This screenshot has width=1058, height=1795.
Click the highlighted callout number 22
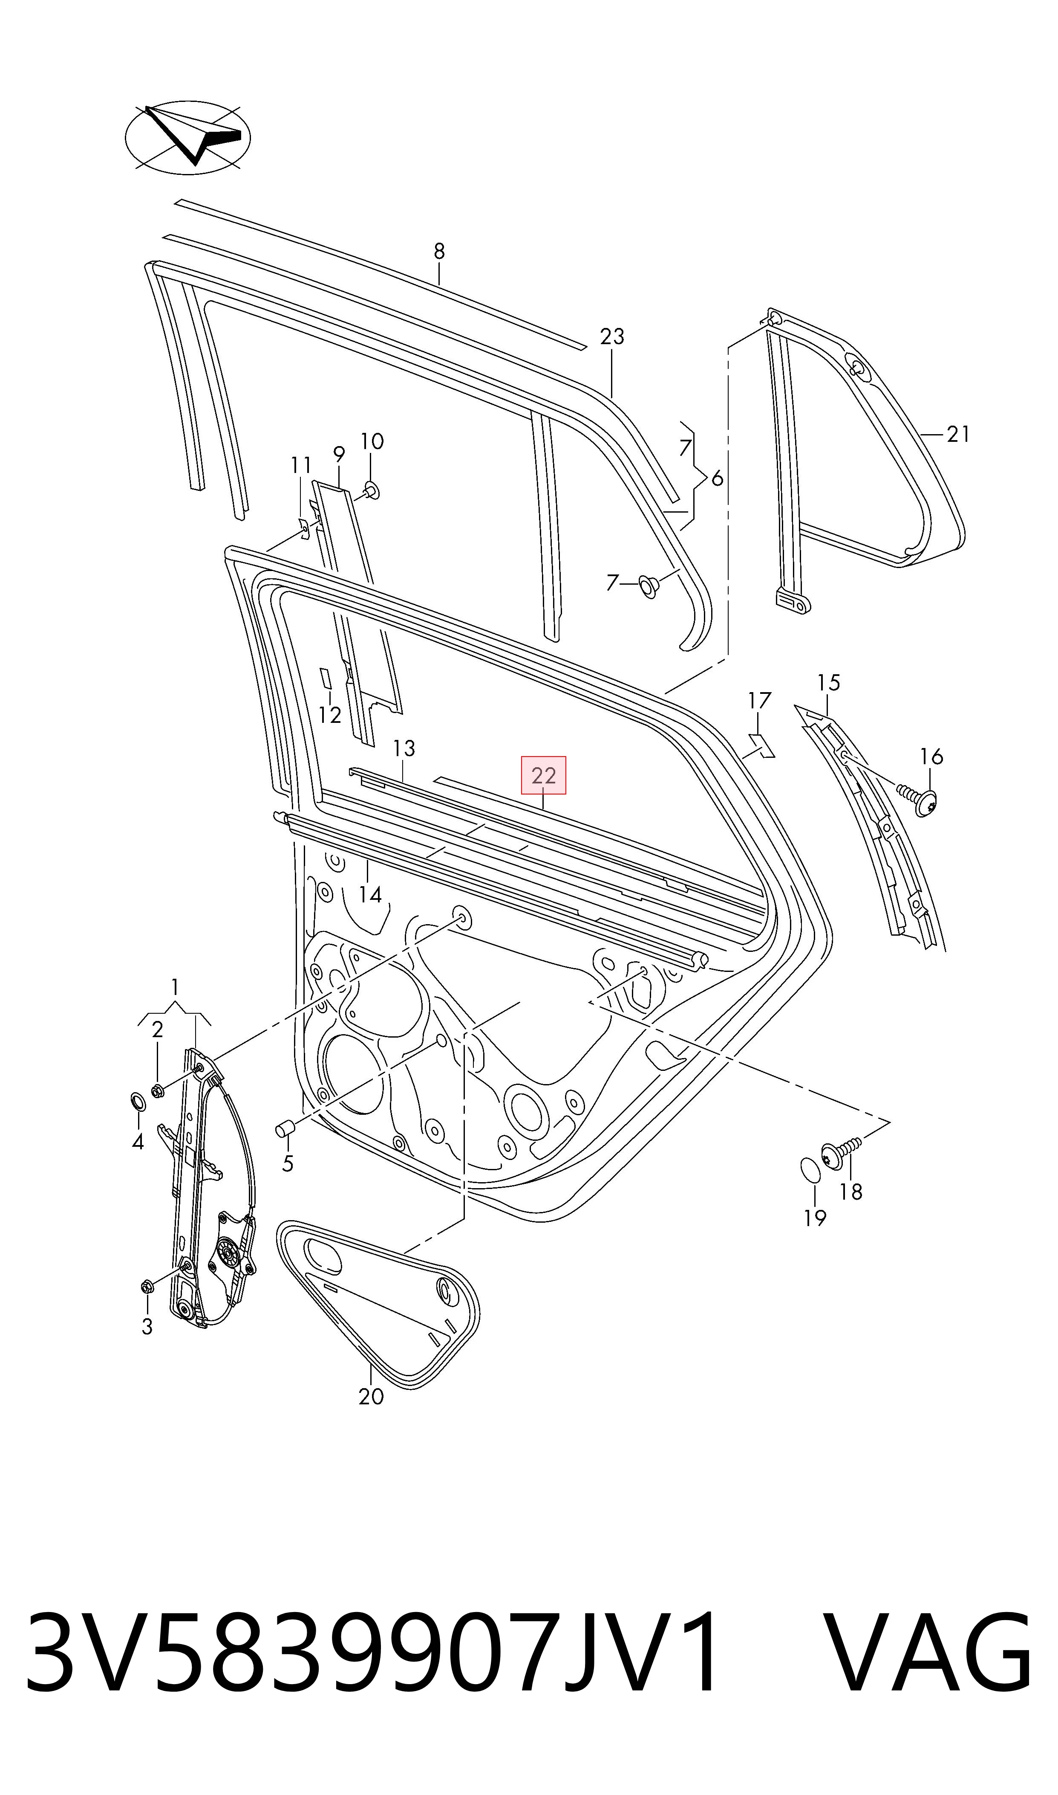(544, 775)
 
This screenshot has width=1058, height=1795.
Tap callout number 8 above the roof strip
(439, 251)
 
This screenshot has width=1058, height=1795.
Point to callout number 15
(828, 683)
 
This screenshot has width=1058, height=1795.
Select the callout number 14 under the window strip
(370, 895)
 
